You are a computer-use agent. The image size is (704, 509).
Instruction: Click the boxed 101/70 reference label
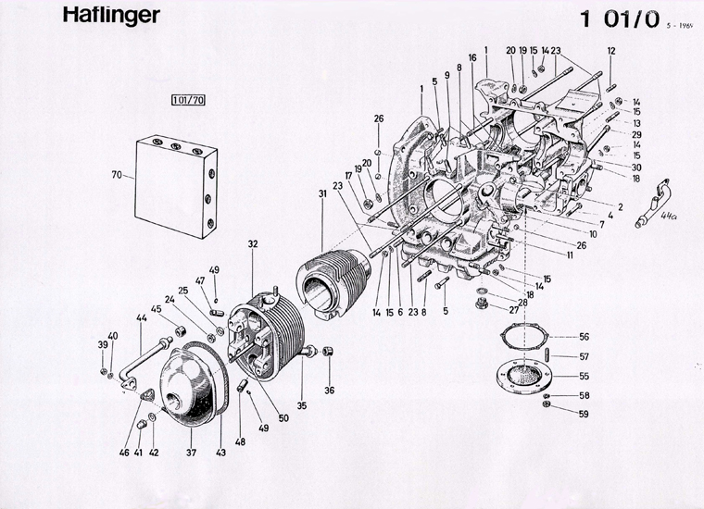pos(187,99)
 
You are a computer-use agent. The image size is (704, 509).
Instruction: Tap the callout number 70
pos(117,175)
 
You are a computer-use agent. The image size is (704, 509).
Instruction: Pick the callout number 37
pos(192,453)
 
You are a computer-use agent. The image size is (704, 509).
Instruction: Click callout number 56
pos(584,336)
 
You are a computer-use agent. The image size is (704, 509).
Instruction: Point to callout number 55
pos(584,377)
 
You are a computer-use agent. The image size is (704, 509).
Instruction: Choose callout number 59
pos(584,414)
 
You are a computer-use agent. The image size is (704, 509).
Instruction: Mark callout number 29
pos(636,134)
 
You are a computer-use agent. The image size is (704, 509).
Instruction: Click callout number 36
pos(329,390)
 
